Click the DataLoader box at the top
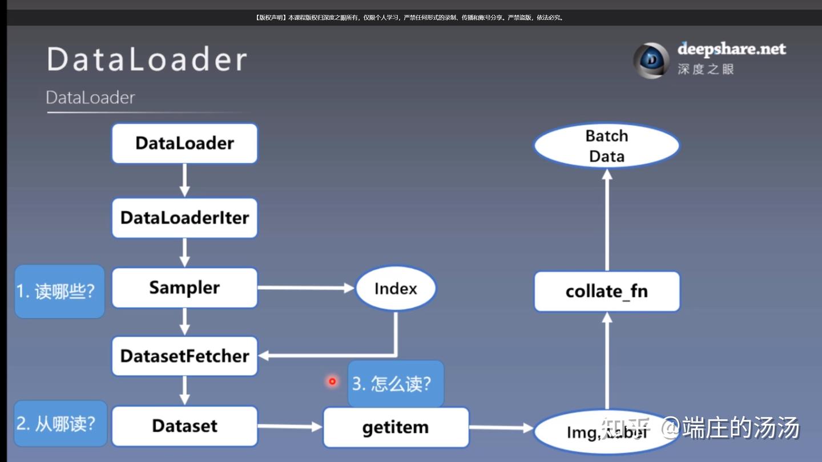pyautogui.click(x=184, y=143)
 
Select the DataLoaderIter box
pyautogui.click(x=184, y=218)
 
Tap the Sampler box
pyautogui.click(x=184, y=287)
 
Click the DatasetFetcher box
pyautogui.click(x=184, y=356)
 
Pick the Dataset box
pyautogui.click(x=184, y=426)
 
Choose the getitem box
pyautogui.click(x=396, y=428)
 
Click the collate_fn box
pyautogui.click(x=607, y=291)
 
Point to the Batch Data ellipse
pyautogui.click(x=607, y=146)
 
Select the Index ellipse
pyautogui.click(x=396, y=289)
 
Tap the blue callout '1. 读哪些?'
pyautogui.click(x=59, y=291)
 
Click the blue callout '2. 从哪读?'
pyautogui.click(x=60, y=424)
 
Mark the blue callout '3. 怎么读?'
pyautogui.click(x=396, y=383)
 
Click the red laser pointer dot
pyautogui.click(x=332, y=381)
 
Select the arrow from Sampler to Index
pyautogui.click(x=305, y=288)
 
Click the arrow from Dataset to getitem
pyautogui.click(x=290, y=427)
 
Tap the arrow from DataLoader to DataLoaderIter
pyautogui.click(x=184, y=180)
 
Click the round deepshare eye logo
pyautogui.click(x=651, y=60)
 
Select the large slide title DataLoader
pyautogui.click(x=147, y=59)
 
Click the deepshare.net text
pyautogui.click(x=731, y=49)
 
